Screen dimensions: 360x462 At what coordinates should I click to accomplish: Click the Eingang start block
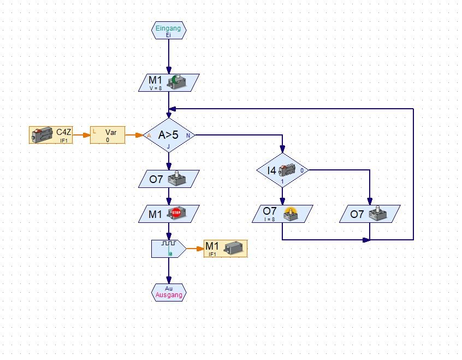[x=168, y=31]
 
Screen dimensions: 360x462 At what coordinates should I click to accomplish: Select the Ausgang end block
[x=168, y=292]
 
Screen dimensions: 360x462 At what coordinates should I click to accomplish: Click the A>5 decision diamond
[x=168, y=135]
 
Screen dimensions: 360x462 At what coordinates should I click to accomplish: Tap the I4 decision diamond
[x=282, y=170]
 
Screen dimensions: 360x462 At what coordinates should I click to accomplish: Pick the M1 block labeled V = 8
[x=168, y=82]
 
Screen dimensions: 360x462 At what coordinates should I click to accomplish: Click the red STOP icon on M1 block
[x=176, y=213]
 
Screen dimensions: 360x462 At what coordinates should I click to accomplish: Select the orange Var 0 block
[x=108, y=135]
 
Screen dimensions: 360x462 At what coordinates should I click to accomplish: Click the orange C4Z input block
[x=51, y=135]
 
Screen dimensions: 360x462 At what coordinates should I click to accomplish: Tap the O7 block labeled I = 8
[x=282, y=214]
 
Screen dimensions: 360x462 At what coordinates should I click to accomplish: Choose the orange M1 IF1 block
[x=225, y=249]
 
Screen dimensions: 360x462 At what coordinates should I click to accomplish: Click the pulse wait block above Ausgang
[x=168, y=249]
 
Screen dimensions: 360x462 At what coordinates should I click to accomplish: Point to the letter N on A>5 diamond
[x=188, y=135]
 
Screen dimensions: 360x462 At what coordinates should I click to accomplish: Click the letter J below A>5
[x=168, y=146]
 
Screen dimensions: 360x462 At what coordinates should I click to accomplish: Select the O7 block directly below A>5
[x=168, y=179]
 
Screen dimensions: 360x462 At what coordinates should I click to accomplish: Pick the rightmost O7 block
[x=370, y=214]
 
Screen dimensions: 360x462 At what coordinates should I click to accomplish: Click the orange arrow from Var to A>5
[x=134, y=134]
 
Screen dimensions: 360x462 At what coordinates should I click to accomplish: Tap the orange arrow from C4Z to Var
[x=82, y=134]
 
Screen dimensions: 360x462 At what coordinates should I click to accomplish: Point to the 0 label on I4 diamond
[x=302, y=170]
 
